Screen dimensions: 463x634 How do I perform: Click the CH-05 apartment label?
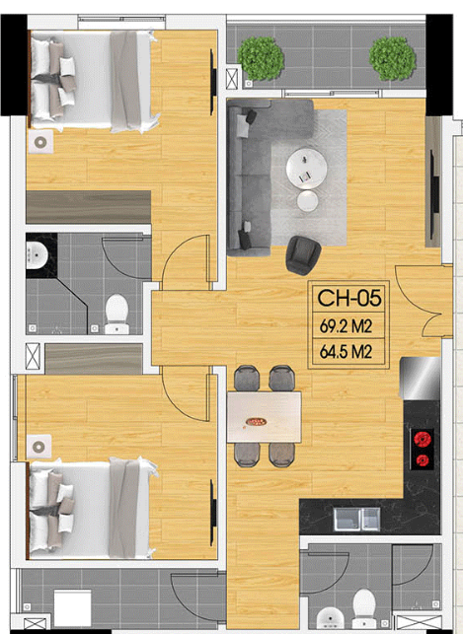coord(349,298)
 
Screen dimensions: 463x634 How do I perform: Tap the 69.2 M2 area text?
coord(347,326)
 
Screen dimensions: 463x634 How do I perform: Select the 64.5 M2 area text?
coord(347,352)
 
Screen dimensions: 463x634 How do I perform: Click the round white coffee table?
coord(306,169)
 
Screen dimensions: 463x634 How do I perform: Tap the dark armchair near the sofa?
coord(303,255)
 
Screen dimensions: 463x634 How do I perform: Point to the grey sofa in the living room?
coord(249,177)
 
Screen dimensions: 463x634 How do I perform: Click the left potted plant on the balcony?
coord(261,58)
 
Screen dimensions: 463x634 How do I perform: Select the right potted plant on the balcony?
coord(392,58)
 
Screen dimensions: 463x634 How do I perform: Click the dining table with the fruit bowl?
coord(264,417)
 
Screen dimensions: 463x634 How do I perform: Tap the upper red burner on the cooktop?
coord(423,439)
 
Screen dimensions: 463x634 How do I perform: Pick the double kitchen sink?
coord(357,520)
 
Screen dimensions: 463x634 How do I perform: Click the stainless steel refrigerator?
coord(420,379)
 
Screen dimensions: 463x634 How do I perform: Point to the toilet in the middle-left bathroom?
coord(116,314)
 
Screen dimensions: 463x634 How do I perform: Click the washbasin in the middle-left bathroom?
coord(38,255)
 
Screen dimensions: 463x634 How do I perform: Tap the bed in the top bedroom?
coord(93,81)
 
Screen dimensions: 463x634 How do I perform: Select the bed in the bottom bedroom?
coord(92,510)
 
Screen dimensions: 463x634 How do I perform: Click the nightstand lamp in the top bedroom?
coord(40,142)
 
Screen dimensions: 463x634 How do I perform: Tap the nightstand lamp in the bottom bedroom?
coord(39,447)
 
